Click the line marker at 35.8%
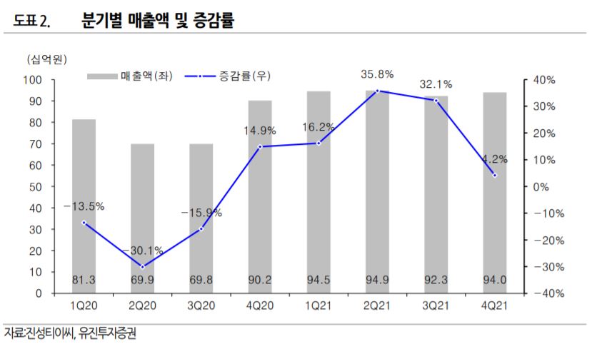pyautogui.click(x=377, y=91)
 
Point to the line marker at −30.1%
pyautogui.click(x=142, y=266)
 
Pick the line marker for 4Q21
pyautogui.click(x=495, y=175)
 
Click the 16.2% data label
pyautogui.click(x=318, y=126)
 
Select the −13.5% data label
pyautogui.click(x=84, y=206)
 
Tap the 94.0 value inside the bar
pyautogui.click(x=495, y=280)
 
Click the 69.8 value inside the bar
pyautogui.click(x=201, y=280)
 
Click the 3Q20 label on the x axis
pyautogui.click(x=201, y=308)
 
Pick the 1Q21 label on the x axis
pyautogui.click(x=318, y=308)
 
